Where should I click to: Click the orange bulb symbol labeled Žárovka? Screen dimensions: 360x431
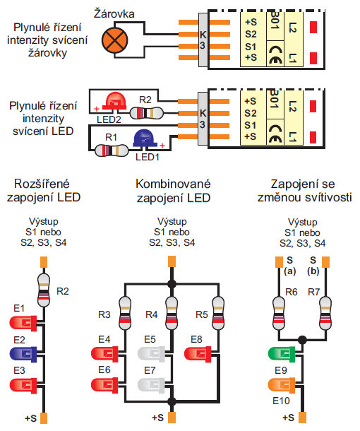[115, 40]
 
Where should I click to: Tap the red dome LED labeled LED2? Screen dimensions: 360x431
[115, 101]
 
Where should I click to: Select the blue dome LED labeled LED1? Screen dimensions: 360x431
[145, 138]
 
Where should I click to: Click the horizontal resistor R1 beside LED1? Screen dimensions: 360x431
[112, 150]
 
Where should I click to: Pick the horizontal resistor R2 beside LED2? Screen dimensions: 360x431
[146, 113]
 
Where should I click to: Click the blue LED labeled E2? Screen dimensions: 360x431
[23, 354]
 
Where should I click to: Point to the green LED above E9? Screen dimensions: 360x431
[282, 354]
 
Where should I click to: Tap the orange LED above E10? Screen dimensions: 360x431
[282, 384]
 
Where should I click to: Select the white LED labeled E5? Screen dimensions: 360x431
[151, 354]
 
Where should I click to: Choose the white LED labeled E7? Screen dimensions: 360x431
[151, 384]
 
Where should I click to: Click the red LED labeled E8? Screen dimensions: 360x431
[198, 354]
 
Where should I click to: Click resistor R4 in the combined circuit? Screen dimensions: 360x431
[172, 313]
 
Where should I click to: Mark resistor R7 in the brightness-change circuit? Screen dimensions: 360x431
[325, 313]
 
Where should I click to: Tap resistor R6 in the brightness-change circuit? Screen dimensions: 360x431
[279, 313]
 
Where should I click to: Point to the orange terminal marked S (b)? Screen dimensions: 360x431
[325, 262]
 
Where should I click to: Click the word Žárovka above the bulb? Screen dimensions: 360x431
[114, 13]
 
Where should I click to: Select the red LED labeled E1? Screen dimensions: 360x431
[23, 323]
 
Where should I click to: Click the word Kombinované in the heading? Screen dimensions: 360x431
[173, 184]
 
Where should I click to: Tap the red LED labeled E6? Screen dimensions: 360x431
[104, 384]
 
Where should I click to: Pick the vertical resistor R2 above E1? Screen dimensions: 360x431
[44, 290]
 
